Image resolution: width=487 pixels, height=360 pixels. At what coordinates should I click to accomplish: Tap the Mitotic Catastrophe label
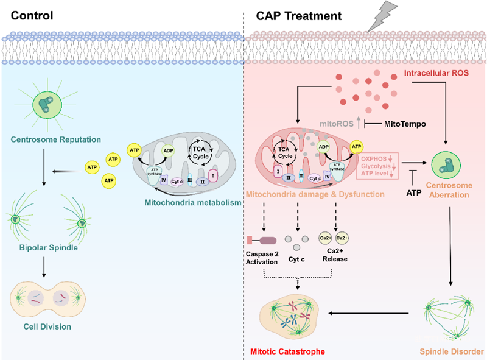tap(286, 351)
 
